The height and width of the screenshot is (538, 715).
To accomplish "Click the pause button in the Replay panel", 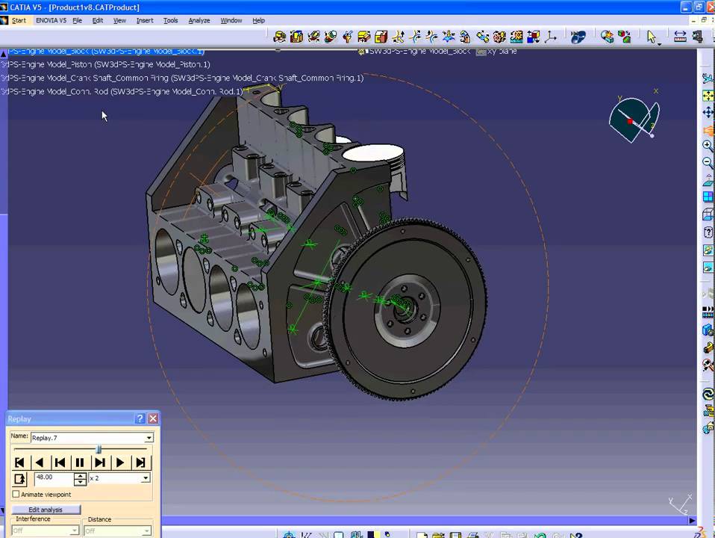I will point(80,463).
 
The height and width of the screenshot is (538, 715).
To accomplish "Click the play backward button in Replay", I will point(40,463).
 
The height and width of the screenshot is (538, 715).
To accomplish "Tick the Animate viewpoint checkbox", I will point(16,495).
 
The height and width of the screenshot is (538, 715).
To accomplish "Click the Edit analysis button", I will point(46,510).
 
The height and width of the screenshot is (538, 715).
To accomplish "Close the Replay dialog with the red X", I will point(153,418).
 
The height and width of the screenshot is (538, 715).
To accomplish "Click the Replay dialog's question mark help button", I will point(140,418).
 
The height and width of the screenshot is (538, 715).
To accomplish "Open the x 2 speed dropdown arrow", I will point(145,477).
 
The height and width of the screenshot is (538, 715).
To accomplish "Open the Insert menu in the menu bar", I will point(144,20).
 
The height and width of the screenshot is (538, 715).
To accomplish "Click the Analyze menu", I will point(199,20).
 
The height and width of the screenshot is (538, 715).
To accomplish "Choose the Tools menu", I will point(171,20).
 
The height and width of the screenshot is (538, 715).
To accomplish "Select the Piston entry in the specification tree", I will point(104,64).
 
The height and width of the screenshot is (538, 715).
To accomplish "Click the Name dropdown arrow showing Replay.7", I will point(149,438).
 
